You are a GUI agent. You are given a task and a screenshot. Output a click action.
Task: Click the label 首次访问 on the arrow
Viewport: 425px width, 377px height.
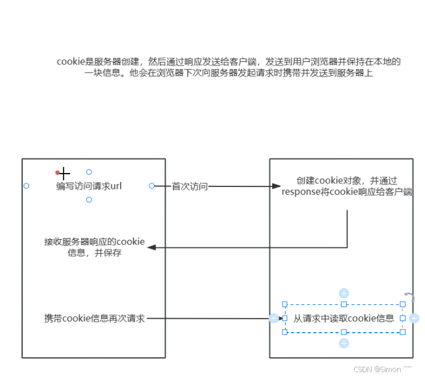[x=190, y=186]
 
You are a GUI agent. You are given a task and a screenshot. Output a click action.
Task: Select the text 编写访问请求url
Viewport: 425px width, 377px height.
[x=89, y=186]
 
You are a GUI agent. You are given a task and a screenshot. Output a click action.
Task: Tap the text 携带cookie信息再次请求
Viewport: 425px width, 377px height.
[x=95, y=318]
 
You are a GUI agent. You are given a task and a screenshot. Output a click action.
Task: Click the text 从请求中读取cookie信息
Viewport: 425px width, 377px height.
[x=344, y=318]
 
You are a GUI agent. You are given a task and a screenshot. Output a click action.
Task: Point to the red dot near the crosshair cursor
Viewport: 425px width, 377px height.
[x=58, y=172]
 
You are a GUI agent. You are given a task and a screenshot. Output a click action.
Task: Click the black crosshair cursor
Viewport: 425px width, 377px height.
[x=64, y=174]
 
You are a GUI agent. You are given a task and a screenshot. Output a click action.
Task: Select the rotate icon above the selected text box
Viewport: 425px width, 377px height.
[x=410, y=297]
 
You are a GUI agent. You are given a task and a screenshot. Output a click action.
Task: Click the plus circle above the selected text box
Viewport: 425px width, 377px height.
[x=344, y=293]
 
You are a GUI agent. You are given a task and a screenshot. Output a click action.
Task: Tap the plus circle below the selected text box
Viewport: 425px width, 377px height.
[x=344, y=344]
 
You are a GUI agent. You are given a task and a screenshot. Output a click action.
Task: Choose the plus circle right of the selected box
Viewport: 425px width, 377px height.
[x=414, y=318]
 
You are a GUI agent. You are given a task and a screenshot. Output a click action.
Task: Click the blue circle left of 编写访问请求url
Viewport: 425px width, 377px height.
[x=26, y=186]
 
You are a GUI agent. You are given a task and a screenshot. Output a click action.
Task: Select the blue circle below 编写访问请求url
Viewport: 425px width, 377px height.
[x=89, y=200]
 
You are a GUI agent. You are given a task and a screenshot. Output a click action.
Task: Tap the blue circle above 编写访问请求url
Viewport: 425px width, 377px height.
[x=89, y=172]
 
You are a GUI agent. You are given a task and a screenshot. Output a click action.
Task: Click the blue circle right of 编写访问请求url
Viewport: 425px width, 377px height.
[x=152, y=186]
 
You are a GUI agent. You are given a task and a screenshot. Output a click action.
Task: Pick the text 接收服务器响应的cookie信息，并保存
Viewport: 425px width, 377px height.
[x=95, y=247]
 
